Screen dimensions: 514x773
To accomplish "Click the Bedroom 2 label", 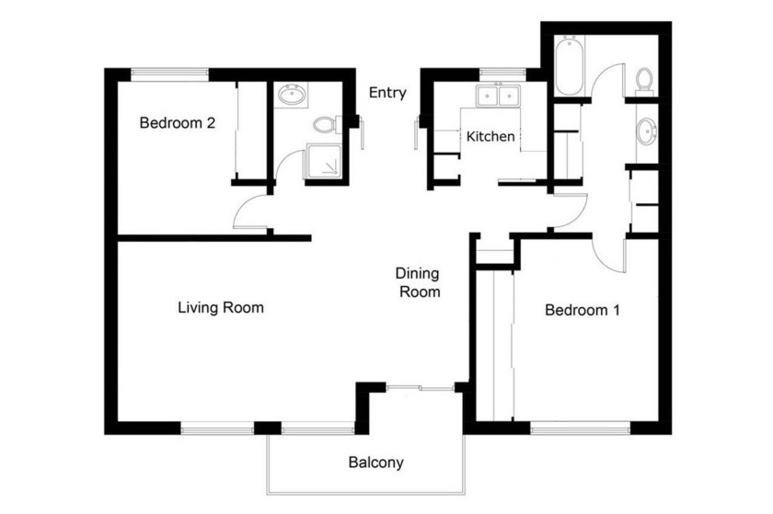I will (177, 122).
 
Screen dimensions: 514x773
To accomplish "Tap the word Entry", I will (387, 93).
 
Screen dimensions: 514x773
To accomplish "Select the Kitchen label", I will (490, 137).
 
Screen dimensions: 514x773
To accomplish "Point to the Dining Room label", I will (418, 283).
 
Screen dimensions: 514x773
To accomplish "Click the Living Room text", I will (220, 307).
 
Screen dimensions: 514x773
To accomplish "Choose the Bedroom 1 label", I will (582, 310).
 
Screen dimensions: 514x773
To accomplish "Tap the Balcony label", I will (375, 463).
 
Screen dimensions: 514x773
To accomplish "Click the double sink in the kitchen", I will (498, 96).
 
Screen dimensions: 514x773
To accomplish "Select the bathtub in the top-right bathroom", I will (569, 66).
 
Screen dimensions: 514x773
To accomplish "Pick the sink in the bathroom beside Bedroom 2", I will (294, 94).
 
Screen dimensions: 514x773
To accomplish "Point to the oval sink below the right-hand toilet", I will (647, 131).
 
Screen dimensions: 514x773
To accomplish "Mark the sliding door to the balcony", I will (420, 389).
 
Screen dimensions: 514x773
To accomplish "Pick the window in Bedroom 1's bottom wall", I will (580, 427).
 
